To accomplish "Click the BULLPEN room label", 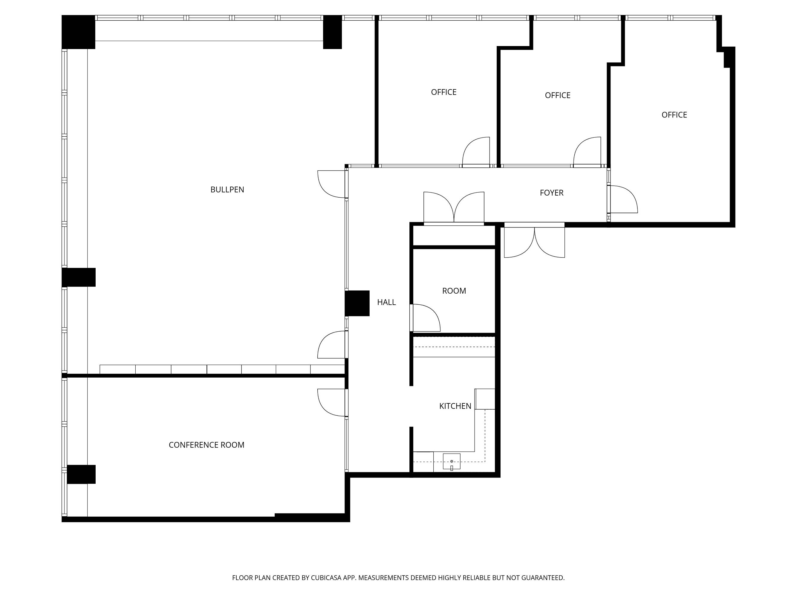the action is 227,190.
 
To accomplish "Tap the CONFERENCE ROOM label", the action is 206,445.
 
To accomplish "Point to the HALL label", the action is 386,302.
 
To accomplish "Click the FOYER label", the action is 551,193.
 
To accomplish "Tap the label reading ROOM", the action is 454,291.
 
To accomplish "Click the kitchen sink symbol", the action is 452,462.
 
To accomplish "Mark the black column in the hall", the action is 357,303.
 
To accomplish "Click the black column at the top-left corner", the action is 78,32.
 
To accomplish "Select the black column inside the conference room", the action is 81,474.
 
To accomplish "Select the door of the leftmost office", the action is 476,152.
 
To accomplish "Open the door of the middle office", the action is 587,152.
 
